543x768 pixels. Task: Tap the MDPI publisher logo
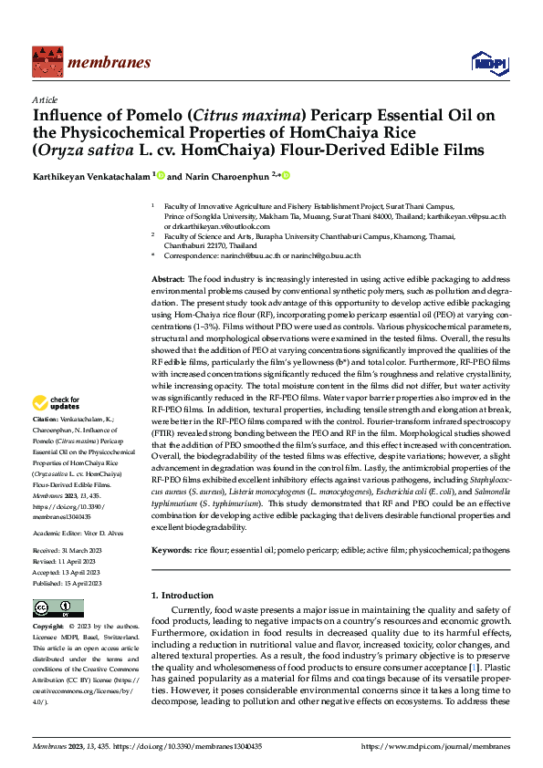point(485,61)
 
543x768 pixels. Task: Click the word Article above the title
point(45,99)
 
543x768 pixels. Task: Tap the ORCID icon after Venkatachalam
point(162,174)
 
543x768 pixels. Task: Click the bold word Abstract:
point(168,277)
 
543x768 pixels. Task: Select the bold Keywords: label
point(172,551)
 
